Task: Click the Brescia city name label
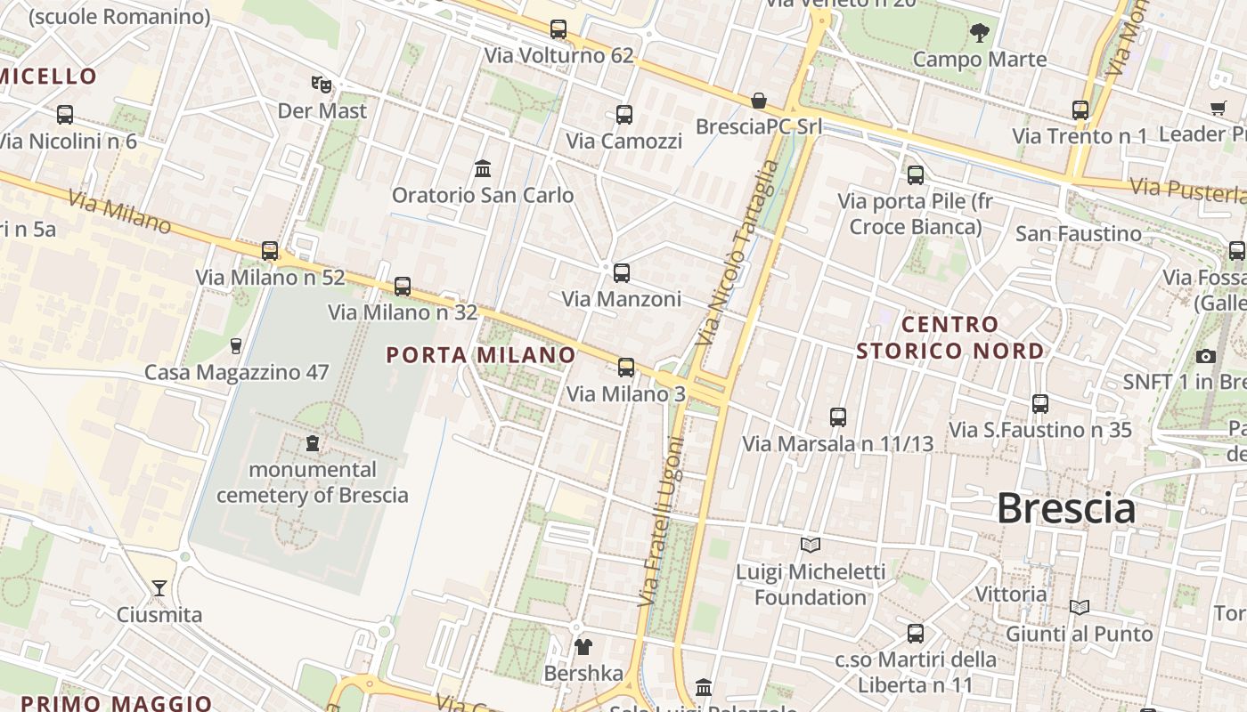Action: pyautogui.click(x=1065, y=509)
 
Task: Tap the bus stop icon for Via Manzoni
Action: pyautogui.click(x=622, y=273)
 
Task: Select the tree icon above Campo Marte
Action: pyautogui.click(x=980, y=34)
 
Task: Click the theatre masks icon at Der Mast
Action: pyautogui.click(x=322, y=85)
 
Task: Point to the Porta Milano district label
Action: pyautogui.click(x=481, y=355)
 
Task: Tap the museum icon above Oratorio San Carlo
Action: pyautogui.click(x=483, y=168)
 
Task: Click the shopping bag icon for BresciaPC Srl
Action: pyautogui.click(x=759, y=101)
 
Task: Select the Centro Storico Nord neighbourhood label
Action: pyautogui.click(x=950, y=337)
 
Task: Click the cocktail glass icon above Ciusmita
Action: pyautogui.click(x=159, y=587)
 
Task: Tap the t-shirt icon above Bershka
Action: pyautogui.click(x=583, y=646)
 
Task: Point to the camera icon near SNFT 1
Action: pyautogui.click(x=1206, y=356)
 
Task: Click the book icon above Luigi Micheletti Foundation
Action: pyautogui.click(x=810, y=545)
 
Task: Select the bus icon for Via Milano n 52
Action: pyautogui.click(x=270, y=251)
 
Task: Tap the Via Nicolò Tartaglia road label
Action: pyautogui.click(x=736, y=254)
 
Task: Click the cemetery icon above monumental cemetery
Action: pyautogui.click(x=313, y=442)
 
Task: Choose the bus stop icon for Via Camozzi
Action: pyautogui.click(x=624, y=115)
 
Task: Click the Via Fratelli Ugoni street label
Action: pyautogui.click(x=660, y=522)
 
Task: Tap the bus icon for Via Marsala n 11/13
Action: pyautogui.click(x=838, y=417)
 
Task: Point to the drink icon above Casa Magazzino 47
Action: pyautogui.click(x=236, y=346)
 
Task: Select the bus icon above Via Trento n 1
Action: pyautogui.click(x=1080, y=110)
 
